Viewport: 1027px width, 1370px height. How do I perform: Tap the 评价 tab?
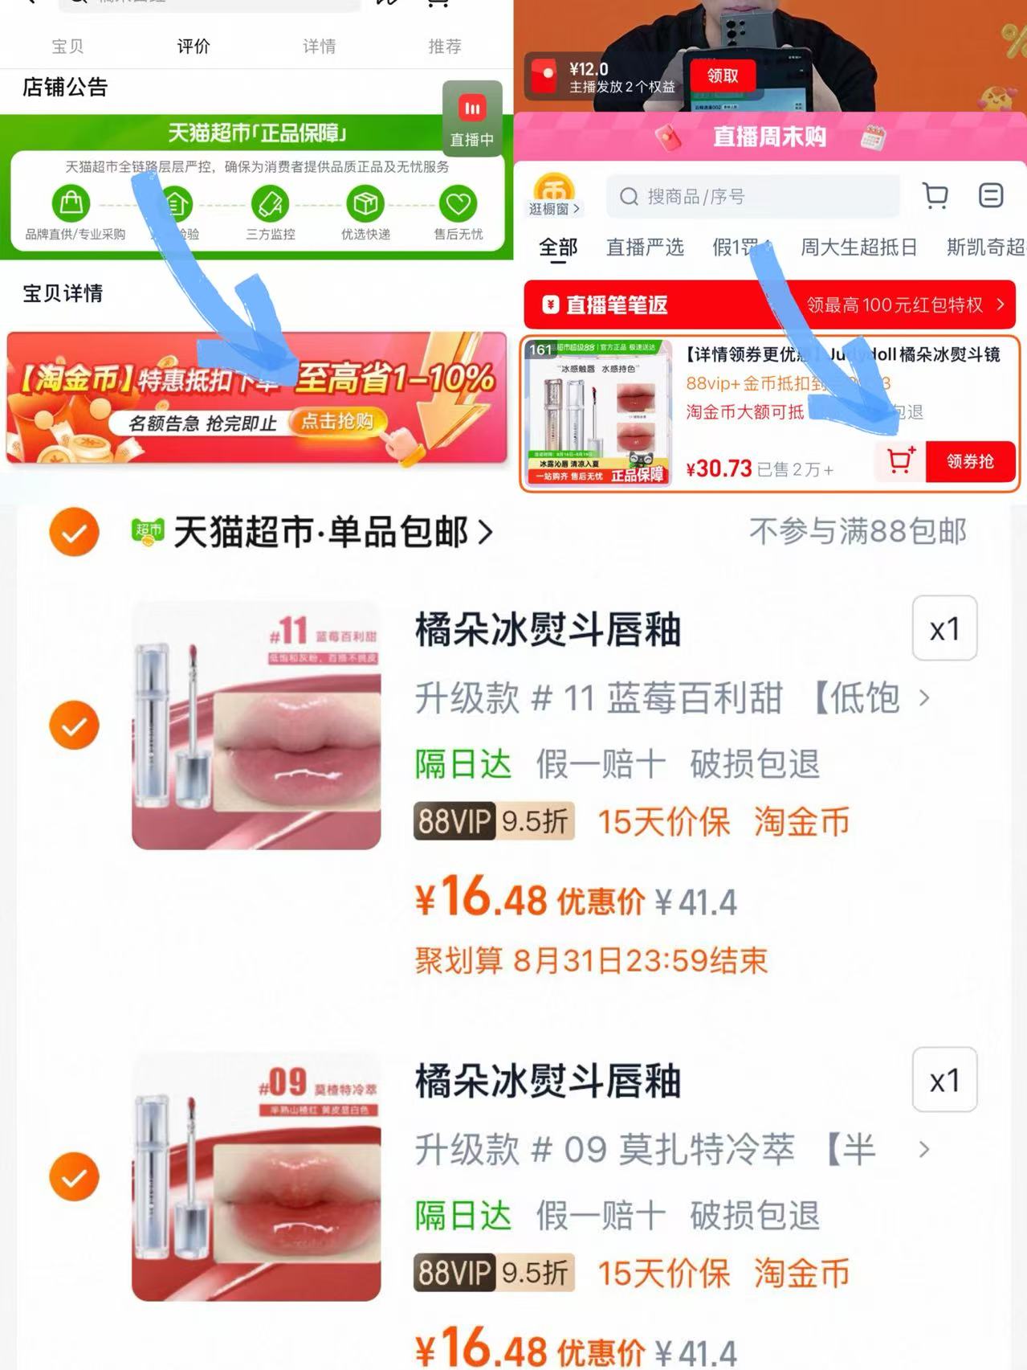pyautogui.click(x=193, y=47)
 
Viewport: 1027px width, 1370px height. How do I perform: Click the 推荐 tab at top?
pyautogui.click(x=444, y=47)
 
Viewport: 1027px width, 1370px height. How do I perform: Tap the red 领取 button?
pyautogui.click(x=722, y=76)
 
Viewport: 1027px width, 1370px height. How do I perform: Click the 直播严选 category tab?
pyautogui.click(x=644, y=247)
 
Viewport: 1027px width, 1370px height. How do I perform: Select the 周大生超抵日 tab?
pyautogui.click(x=858, y=247)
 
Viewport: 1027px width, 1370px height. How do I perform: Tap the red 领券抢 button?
pyautogui.click(x=970, y=461)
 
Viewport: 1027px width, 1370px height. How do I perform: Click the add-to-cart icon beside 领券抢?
pyautogui.click(x=900, y=460)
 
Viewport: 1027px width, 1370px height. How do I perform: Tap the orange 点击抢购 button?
pyautogui.click(x=337, y=421)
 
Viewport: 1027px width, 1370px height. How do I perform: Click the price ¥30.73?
pyautogui.click(x=719, y=468)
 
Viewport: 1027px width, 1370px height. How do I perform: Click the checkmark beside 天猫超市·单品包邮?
pyautogui.click(x=74, y=532)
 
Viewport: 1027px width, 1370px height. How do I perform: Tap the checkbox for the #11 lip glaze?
pyautogui.click(x=74, y=725)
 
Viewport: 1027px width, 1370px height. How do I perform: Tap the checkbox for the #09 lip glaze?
pyautogui.click(x=74, y=1176)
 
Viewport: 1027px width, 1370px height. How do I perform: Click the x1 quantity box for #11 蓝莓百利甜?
pyautogui.click(x=944, y=628)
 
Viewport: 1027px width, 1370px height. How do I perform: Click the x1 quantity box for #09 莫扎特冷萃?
pyautogui.click(x=944, y=1080)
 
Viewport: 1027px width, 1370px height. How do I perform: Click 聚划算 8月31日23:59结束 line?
pyautogui.click(x=591, y=960)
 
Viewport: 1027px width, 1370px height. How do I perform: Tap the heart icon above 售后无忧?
pyautogui.click(x=458, y=204)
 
